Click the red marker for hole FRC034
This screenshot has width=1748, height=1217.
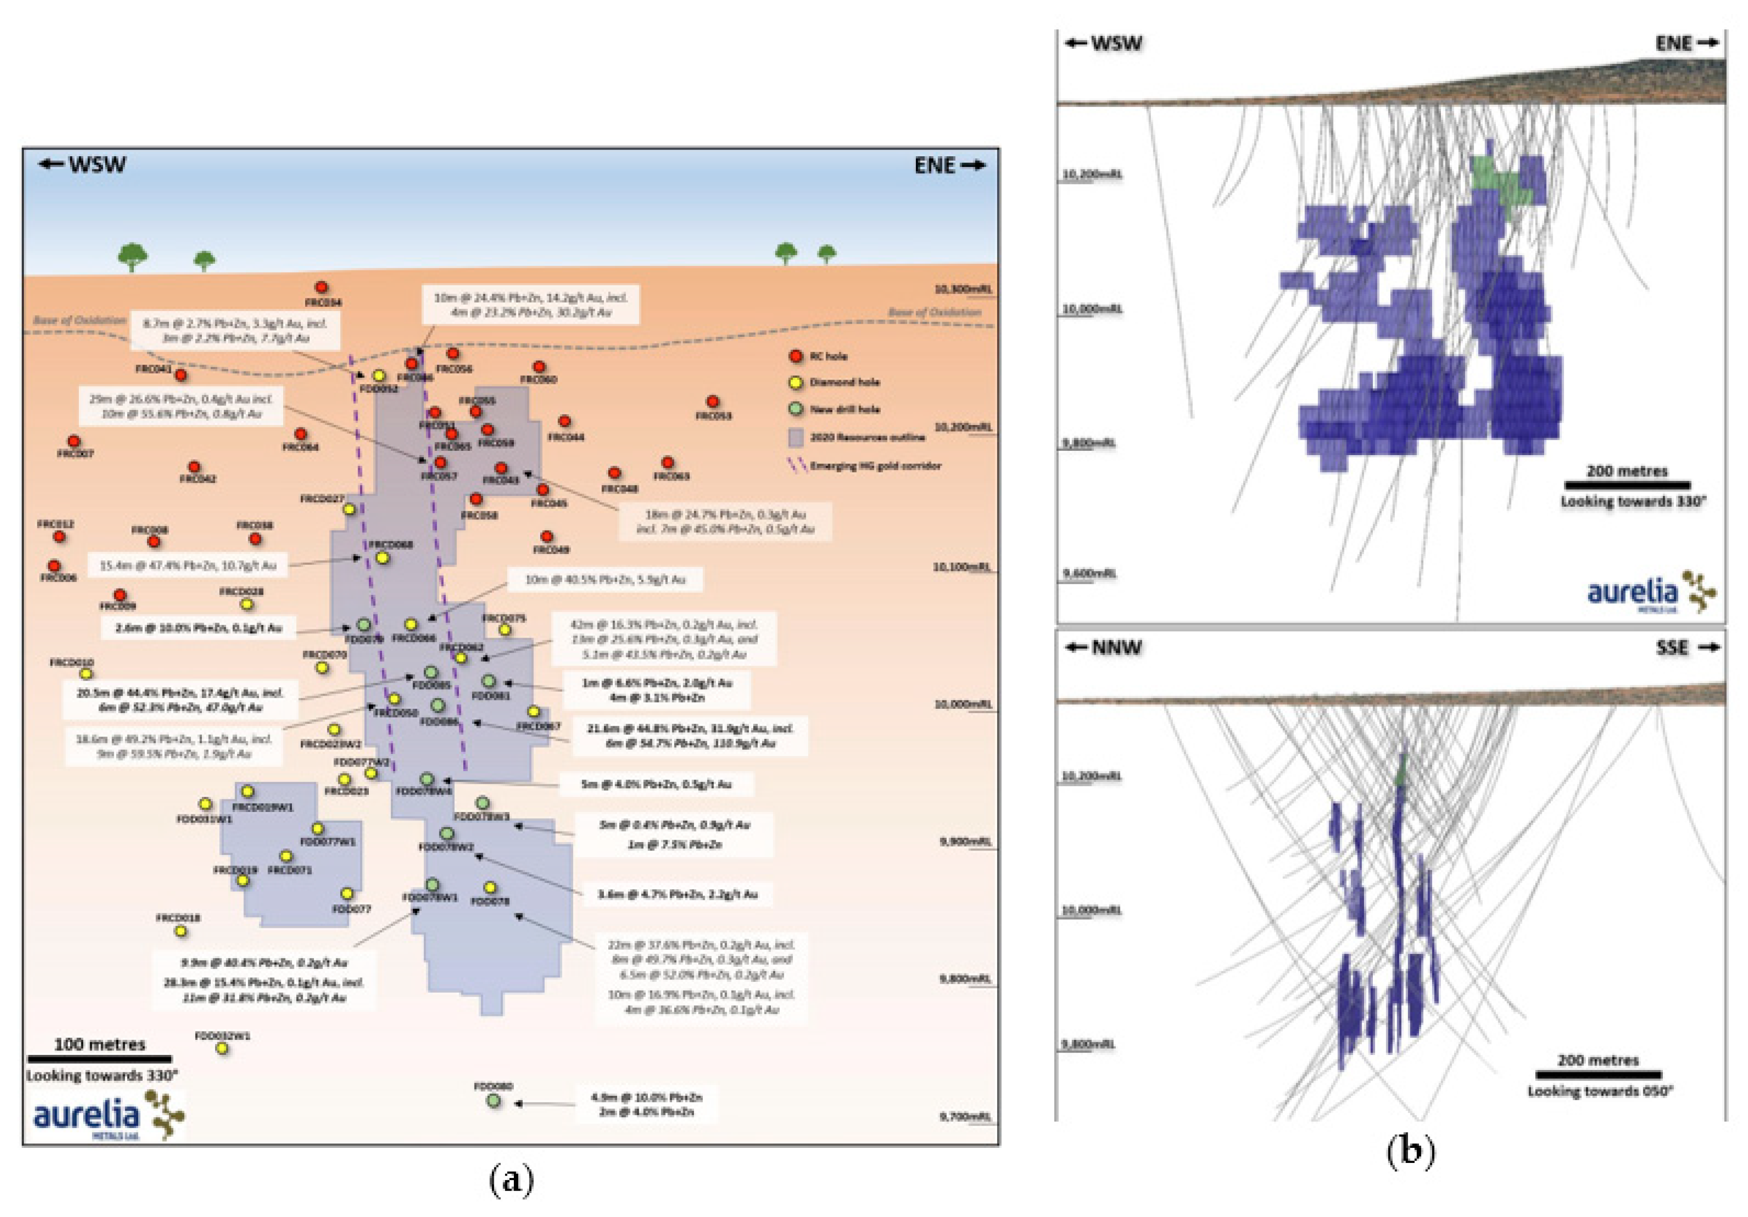(321, 287)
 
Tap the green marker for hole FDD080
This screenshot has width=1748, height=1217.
(493, 1101)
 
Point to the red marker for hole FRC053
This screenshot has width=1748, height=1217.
(712, 401)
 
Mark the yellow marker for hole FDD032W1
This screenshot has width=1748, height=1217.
(221, 1048)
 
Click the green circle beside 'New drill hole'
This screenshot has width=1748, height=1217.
(796, 409)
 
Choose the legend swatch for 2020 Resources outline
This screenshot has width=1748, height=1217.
(796, 437)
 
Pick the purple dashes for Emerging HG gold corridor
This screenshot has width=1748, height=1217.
(796, 465)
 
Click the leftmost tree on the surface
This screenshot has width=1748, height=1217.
(132, 256)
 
